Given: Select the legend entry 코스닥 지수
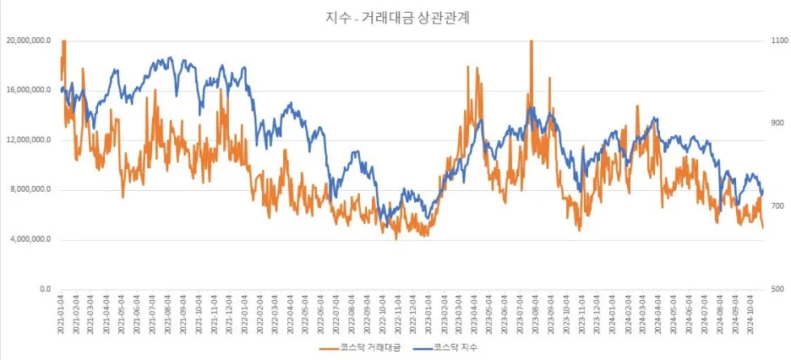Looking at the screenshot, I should coord(457,347).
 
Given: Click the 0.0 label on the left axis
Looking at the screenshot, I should coord(43,289).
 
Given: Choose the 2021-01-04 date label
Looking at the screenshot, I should coord(60,314).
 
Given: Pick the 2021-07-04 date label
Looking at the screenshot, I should coord(152,314).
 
